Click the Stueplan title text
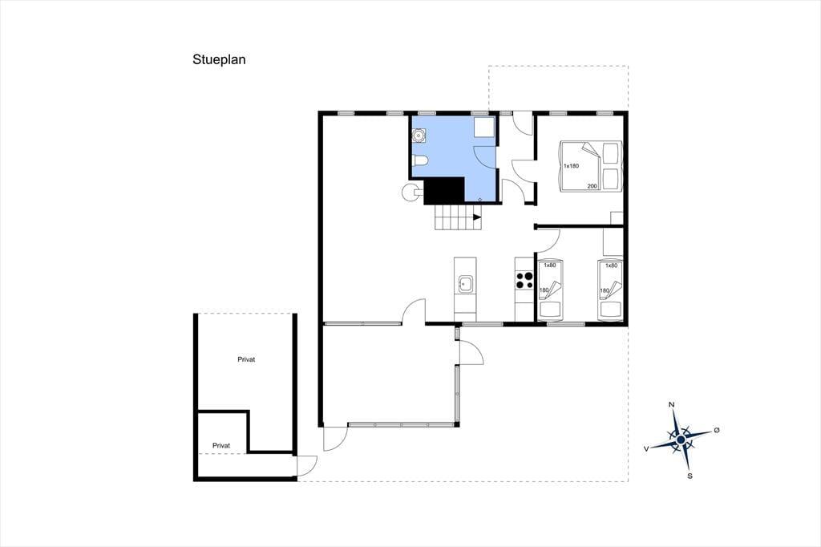coord(219,59)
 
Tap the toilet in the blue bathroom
coord(420,160)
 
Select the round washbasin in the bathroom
coord(419,136)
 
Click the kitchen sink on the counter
coord(465,284)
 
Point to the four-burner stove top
coord(524,280)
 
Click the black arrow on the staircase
coord(476,217)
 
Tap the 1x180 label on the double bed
coord(571,166)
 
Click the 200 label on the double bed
coord(592,186)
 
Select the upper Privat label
coord(246,359)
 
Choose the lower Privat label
coord(221,445)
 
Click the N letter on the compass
coord(671,404)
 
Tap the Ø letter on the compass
coord(717,430)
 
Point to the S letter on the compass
coord(690,476)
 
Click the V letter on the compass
coord(647,448)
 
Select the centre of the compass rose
coord(681,440)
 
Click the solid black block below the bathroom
coord(444,191)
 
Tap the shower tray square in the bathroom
coord(484,128)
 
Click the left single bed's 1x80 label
coord(549,265)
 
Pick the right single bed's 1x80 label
coord(611,265)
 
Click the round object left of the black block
coord(411,192)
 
